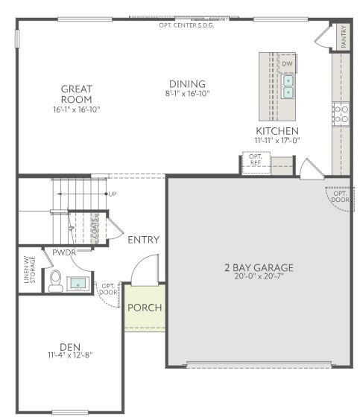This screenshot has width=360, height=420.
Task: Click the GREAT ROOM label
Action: pyautogui.click(x=76, y=95)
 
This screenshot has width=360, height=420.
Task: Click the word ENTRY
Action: pyautogui.click(x=144, y=239)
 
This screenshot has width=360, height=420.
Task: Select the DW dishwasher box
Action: pyautogui.click(x=287, y=64)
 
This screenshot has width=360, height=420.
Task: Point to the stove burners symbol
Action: pyautogui.click(x=341, y=114)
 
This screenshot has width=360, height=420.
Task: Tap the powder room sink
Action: pyautogui.click(x=78, y=283)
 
